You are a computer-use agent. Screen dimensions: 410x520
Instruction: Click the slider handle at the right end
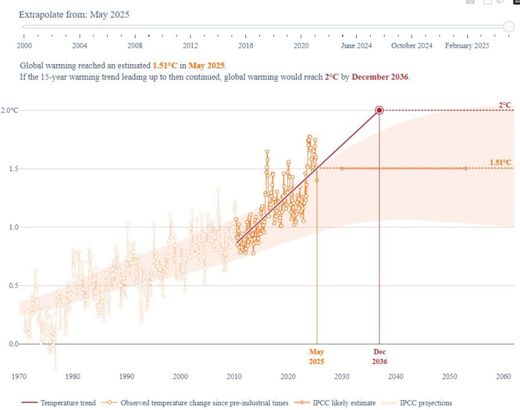(x=509, y=26)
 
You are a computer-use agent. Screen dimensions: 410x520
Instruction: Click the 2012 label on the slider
(x=190, y=45)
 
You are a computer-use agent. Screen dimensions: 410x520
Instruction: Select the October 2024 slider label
(x=412, y=45)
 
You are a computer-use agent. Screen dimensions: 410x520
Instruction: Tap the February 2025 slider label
(x=467, y=45)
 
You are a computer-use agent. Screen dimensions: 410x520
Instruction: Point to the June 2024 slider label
(x=357, y=45)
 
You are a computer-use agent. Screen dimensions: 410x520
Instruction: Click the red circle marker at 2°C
(x=379, y=110)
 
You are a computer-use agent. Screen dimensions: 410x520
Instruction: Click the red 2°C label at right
(x=505, y=105)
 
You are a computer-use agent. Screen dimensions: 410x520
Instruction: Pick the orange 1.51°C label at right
(x=500, y=162)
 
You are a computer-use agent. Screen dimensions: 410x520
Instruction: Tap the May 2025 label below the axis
(x=317, y=356)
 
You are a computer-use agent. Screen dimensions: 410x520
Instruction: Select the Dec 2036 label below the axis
(x=379, y=356)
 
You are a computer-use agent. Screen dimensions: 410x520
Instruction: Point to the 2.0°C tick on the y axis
(x=10, y=110)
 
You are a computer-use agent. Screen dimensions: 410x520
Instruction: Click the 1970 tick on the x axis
(x=19, y=376)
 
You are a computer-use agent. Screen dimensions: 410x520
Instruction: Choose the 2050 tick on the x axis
(x=450, y=376)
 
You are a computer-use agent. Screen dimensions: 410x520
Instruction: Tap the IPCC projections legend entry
(x=423, y=403)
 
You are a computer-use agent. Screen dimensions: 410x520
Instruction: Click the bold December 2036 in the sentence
(x=380, y=77)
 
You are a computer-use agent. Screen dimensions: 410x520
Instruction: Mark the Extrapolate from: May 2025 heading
(x=74, y=14)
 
